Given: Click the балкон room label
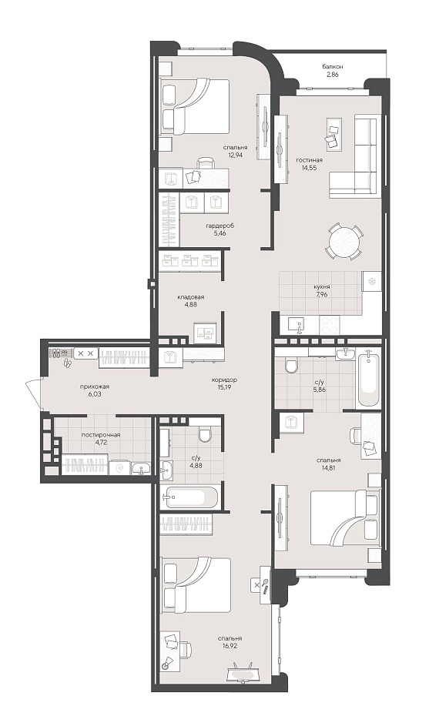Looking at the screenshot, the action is point(333,67).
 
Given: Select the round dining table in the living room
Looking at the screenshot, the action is point(343,241).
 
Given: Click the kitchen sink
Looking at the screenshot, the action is point(296,325).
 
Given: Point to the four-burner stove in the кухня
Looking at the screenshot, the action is point(330,325).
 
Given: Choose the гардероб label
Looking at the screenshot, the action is point(220,226).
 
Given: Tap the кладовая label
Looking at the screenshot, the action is point(190,297).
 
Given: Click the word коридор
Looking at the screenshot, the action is point(224,380).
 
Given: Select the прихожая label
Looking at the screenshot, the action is point(97,386).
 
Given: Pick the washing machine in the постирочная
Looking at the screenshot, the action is point(119,467).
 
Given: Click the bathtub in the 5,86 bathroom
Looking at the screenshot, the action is point(369,379).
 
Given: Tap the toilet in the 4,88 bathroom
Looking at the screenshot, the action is point(204,434).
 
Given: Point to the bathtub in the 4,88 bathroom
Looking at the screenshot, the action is point(190,497).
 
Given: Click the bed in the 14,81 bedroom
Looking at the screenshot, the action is point(344,518).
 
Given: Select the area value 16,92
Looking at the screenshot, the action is point(230,645).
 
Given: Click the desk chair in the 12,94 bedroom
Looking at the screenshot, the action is point(206,163).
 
